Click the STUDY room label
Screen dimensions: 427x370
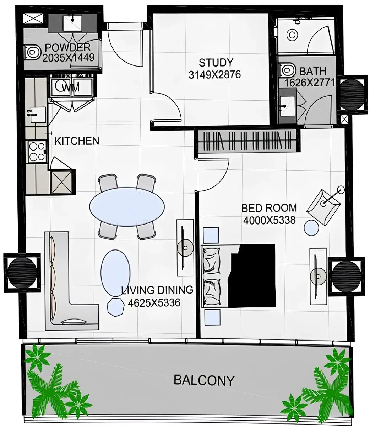point(216,63)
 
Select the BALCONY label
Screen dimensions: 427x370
point(204,380)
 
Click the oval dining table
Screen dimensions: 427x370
point(127,206)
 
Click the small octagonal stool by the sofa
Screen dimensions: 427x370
point(115,307)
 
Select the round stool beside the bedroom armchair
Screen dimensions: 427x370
point(312,227)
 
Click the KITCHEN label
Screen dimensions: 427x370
point(77,141)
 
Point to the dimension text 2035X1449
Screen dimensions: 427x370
point(68,58)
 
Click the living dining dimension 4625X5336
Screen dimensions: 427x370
point(154,303)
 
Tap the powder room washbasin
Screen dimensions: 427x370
point(73,23)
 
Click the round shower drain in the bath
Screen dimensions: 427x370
point(292,35)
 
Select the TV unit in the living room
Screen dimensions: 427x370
point(185,247)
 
